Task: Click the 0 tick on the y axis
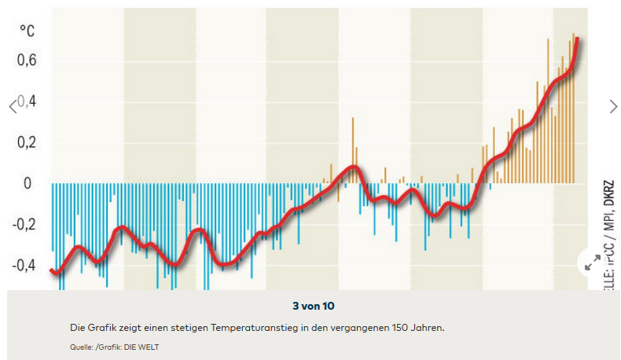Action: tap(28, 184)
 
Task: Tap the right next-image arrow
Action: tap(614, 106)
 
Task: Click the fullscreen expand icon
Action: tap(593, 264)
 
